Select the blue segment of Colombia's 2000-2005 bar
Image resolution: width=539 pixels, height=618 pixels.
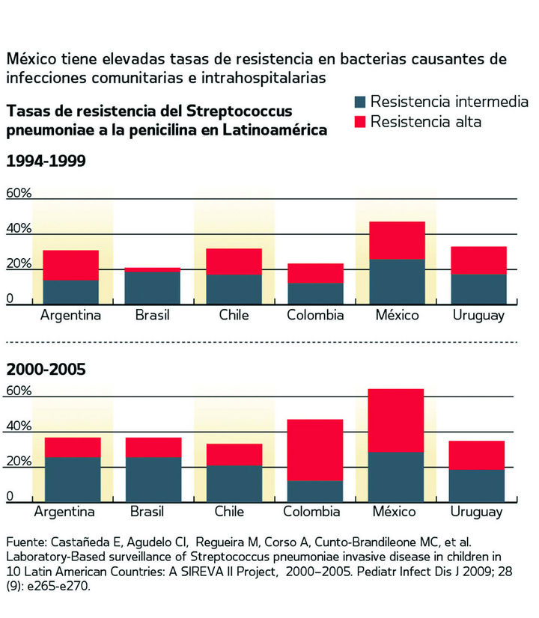[x=315, y=491]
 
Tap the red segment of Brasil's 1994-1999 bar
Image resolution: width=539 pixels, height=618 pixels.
[x=153, y=269]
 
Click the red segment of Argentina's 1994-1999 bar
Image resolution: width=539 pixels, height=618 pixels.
[x=71, y=265]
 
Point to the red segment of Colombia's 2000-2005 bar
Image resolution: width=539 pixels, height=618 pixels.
[x=315, y=450]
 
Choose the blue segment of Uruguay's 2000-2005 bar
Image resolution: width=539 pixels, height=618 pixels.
[x=477, y=486]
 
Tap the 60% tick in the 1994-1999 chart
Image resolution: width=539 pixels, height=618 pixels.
[x=19, y=193]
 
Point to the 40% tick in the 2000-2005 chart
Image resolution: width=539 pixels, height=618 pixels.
[x=19, y=426]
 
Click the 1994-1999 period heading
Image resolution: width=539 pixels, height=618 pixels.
[x=46, y=160]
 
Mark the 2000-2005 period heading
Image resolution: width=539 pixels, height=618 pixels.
[x=46, y=369]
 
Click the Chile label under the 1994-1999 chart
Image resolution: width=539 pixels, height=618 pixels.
[x=234, y=315]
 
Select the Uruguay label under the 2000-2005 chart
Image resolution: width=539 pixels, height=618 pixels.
[x=476, y=513]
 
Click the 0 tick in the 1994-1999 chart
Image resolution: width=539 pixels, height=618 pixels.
[x=10, y=299]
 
